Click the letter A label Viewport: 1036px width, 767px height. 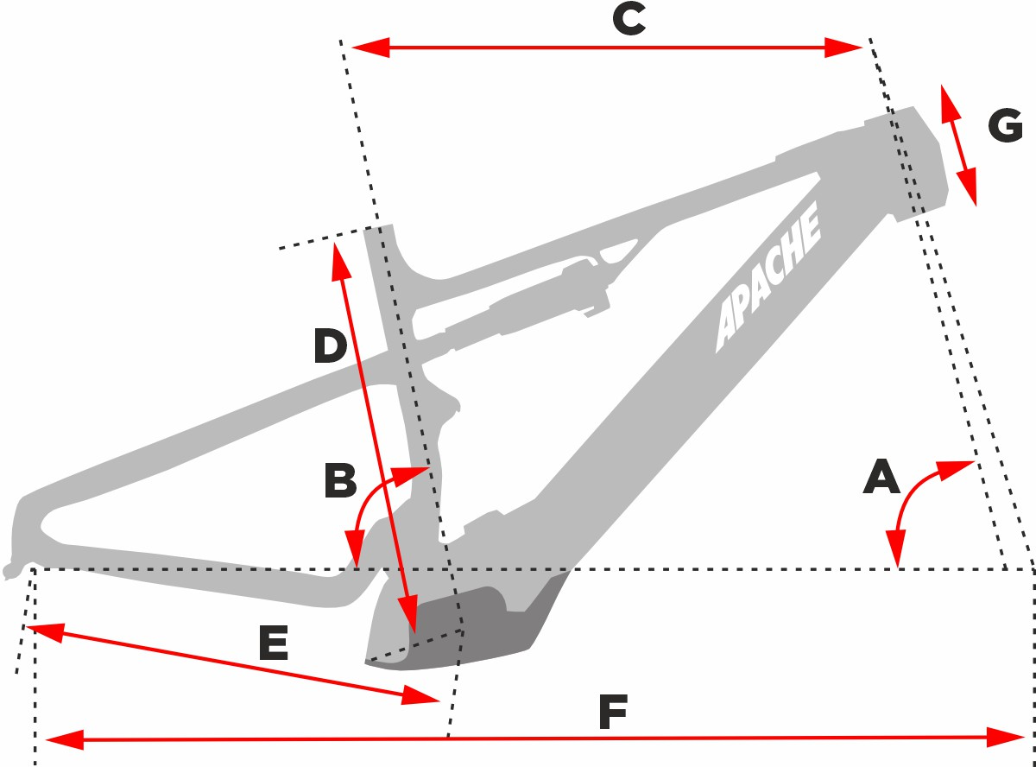click(x=881, y=477)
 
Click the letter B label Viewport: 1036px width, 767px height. click(x=340, y=481)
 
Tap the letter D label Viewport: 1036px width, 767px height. click(x=329, y=346)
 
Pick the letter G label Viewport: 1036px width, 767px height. click(x=1005, y=126)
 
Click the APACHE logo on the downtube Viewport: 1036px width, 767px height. click(x=768, y=278)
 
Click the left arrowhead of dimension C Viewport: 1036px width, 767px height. click(x=367, y=48)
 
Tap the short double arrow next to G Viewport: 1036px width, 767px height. click(x=958, y=145)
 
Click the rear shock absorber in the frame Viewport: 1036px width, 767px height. click(x=527, y=302)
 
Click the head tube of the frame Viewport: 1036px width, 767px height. click(x=911, y=160)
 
